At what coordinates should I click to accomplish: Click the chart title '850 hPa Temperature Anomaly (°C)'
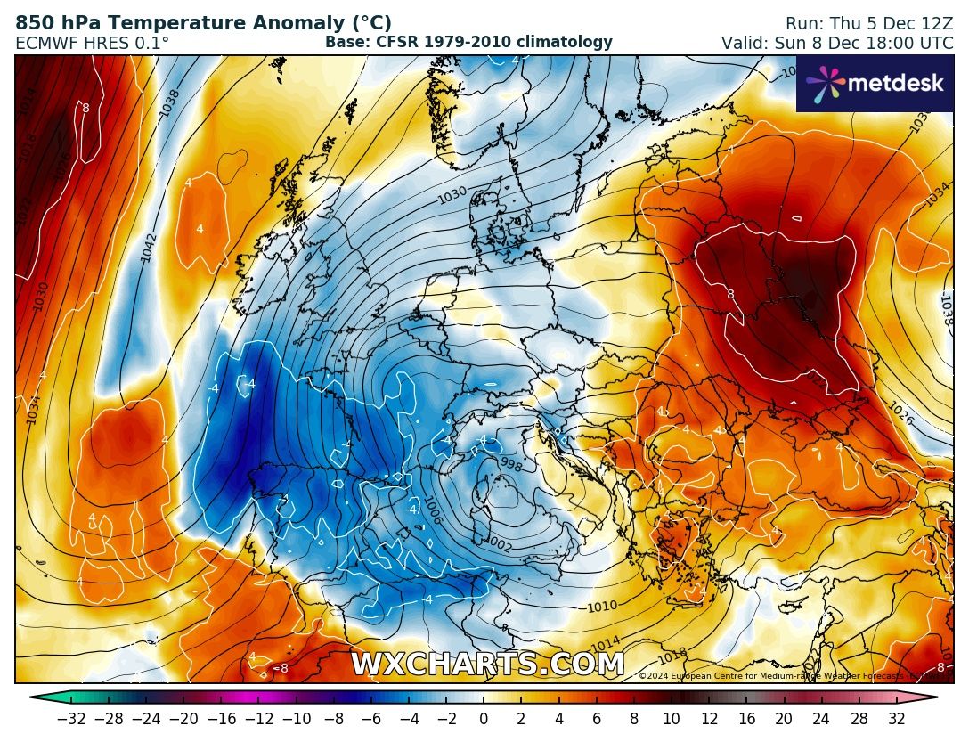coord(203,23)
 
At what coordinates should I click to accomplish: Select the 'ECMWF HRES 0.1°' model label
coord(92,43)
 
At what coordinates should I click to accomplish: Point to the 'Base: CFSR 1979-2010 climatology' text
coord(468,42)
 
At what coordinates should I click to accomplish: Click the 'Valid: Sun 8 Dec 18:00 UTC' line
coord(836,43)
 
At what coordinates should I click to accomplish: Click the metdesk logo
coord(874,84)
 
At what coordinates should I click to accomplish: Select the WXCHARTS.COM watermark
coord(487,665)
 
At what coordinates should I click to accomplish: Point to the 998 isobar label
coord(511,464)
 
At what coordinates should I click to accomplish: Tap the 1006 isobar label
coord(430,510)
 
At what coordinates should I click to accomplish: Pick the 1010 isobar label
coord(602,607)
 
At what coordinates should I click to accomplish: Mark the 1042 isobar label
coord(149,248)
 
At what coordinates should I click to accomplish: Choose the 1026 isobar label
coord(900,412)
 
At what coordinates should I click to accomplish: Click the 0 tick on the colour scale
coord(483,718)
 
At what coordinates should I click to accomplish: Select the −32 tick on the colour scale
coord(70,718)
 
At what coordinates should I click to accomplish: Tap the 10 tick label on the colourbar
coord(672,718)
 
